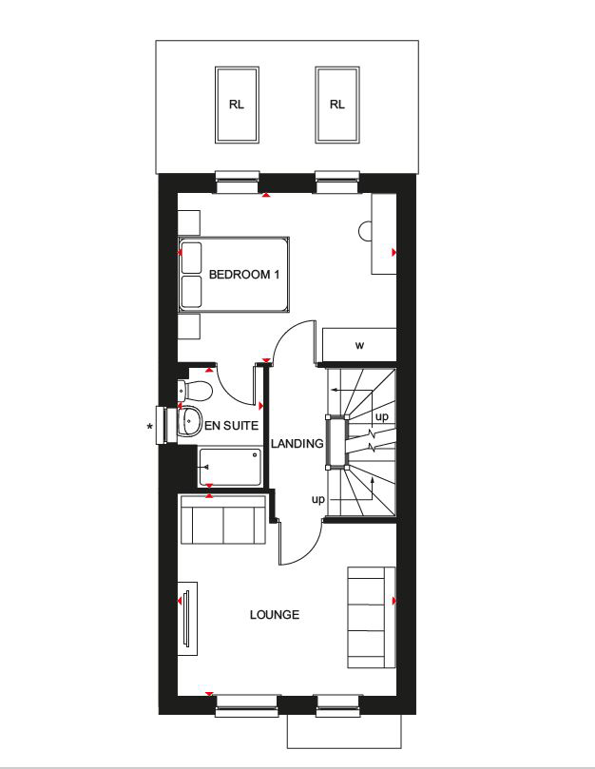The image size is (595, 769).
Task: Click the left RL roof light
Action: pyautogui.click(x=237, y=105)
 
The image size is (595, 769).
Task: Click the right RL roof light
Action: pyautogui.click(x=336, y=105)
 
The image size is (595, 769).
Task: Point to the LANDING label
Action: pyautogui.click(x=297, y=444)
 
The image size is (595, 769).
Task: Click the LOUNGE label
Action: pyautogui.click(x=274, y=615)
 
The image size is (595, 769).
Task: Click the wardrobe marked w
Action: pyautogui.click(x=359, y=344)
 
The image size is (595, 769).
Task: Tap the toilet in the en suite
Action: pyautogui.click(x=195, y=391)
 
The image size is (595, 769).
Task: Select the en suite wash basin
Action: pyautogui.click(x=190, y=419)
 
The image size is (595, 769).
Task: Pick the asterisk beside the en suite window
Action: pyautogui.click(x=150, y=428)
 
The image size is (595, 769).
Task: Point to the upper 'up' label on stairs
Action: pyautogui.click(x=382, y=416)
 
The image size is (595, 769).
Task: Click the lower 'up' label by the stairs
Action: pyautogui.click(x=318, y=498)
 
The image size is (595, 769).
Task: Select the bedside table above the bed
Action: pyautogui.click(x=190, y=221)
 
